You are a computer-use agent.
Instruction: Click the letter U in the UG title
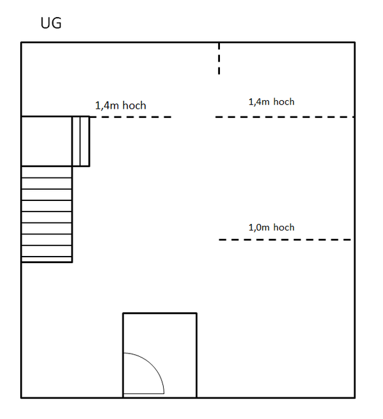[x=45, y=23]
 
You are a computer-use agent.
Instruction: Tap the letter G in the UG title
[x=57, y=23]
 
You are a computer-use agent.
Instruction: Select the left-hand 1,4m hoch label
[x=120, y=105]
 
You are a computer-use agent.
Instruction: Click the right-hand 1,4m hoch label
[x=271, y=102]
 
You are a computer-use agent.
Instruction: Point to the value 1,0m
[x=259, y=227]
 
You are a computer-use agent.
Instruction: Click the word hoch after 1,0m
[x=284, y=227]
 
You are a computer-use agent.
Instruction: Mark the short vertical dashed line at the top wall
[x=219, y=58]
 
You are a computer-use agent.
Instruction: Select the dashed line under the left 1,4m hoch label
[x=130, y=117]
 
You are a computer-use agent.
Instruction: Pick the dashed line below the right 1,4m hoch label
[x=285, y=117]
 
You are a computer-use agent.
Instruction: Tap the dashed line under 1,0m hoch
[x=285, y=240]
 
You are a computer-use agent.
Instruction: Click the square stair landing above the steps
[x=46, y=141]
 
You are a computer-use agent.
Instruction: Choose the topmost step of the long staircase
[x=46, y=172]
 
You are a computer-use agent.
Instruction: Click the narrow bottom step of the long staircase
[x=46, y=259]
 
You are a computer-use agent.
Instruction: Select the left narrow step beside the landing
[x=76, y=141]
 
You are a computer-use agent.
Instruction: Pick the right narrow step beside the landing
[x=84, y=141]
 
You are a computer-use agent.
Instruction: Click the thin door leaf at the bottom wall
[x=144, y=394]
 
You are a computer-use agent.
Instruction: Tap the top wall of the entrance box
[x=160, y=313]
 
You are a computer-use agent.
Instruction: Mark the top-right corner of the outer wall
[x=355, y=42]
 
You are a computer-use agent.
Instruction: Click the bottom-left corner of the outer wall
[x=22, y=398]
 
